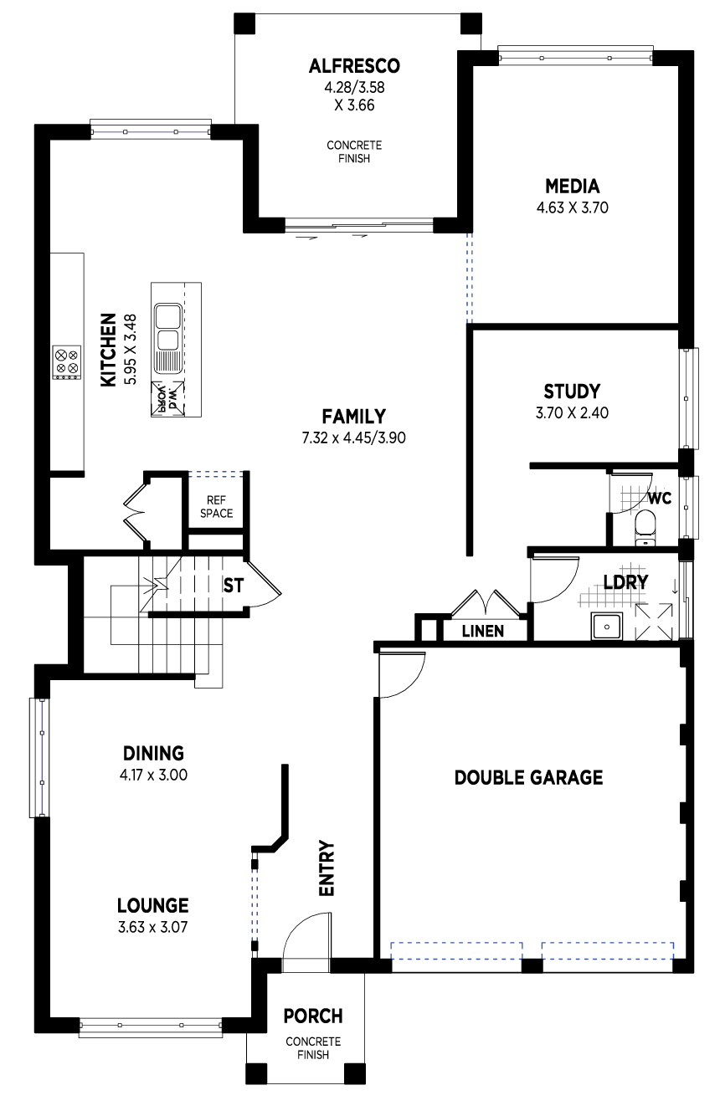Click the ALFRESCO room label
tap(354, 66)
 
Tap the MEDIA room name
tap(572, 187)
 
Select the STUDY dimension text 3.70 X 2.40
tap(572, 413)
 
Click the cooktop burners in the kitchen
tap(67, 362)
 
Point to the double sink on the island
tap(168, 326)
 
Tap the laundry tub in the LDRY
tap(607, 627)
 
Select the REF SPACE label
tap(216, 507)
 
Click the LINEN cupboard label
tap(483, 632)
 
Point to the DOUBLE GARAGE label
tap(528, 778)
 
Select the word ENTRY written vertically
tap(327, 868)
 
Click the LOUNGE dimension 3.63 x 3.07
tap(152, 927)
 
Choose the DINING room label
tap(153, 753)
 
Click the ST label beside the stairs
tap(233, 586)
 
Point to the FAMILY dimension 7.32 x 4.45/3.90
tap(353, 438)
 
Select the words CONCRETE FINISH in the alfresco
tap(354, 152)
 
